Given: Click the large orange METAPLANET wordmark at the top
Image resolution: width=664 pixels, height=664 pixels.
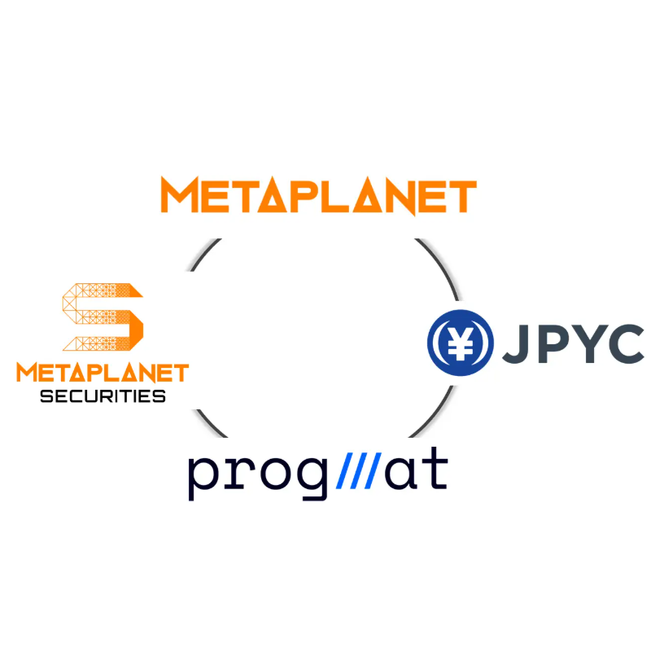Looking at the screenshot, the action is tap(319, 196).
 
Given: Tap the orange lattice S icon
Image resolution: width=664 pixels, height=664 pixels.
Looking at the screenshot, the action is tap(103, 317).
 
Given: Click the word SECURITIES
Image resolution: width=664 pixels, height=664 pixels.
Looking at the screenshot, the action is tap(103, 396).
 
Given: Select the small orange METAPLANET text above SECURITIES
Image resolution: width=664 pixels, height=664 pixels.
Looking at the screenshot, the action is tap(103, 373).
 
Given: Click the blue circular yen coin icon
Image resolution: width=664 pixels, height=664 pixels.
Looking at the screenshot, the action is tap(461, 343).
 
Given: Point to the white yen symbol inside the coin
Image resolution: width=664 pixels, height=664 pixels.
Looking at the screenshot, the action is tap(461, 343).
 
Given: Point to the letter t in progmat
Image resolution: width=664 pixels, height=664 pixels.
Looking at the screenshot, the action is tap(435, 469).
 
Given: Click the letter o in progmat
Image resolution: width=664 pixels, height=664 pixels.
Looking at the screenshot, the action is tap(275, 473).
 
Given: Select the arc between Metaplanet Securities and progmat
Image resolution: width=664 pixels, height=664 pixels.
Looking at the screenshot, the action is tap(208, 425).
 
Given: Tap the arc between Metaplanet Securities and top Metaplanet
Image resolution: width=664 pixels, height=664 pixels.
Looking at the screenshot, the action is tap(203, 254).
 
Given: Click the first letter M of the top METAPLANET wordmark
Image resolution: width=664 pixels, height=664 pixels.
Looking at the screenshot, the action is tap(180, 194).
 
